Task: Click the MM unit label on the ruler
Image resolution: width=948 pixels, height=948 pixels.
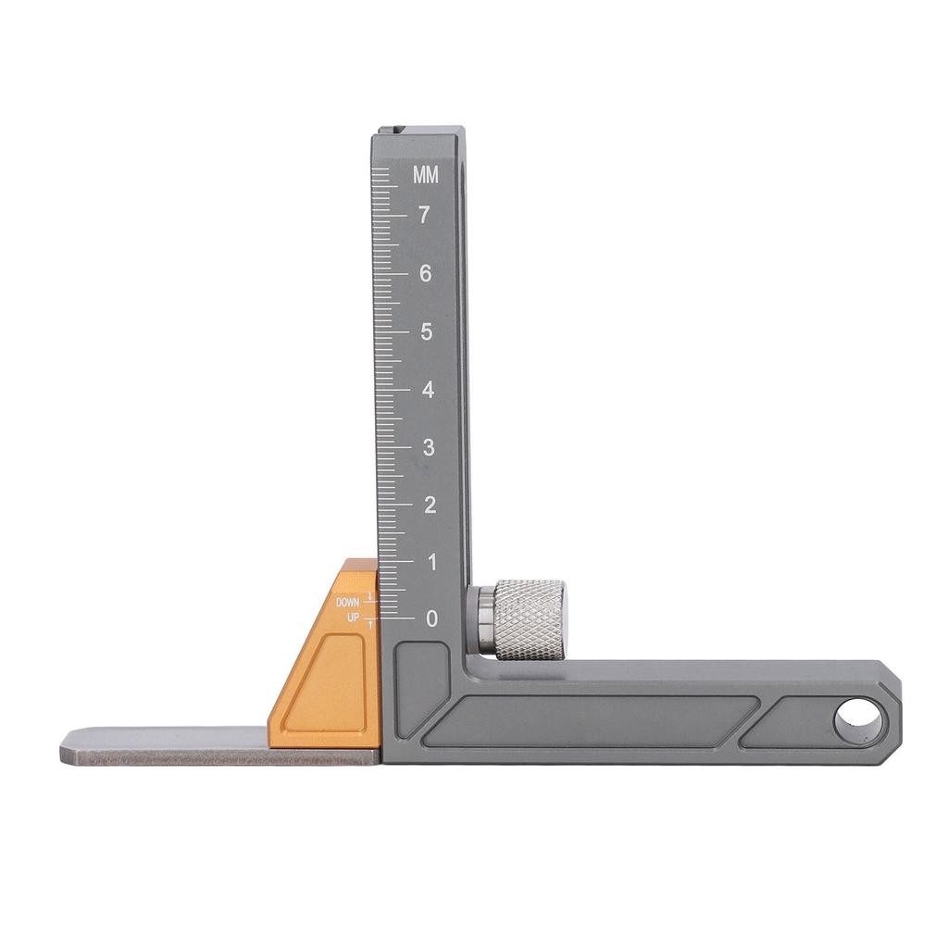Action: click(x=426, y=175)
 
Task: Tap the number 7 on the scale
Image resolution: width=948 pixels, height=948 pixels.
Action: click(x=424, y=215)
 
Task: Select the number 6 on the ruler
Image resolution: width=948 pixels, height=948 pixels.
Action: click(x=426, y=273)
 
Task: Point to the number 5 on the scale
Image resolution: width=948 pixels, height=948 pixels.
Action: click(x=427, y=331)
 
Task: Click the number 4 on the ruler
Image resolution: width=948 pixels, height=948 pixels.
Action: click(x=428, y=390)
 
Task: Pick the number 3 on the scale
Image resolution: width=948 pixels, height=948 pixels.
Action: click(x=429, y=448)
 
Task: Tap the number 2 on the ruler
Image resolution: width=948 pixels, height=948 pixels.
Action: click(x=430, y=505)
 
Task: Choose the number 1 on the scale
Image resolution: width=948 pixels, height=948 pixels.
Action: click(x=431, y=563)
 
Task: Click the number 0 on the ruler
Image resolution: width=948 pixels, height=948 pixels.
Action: click(x=431, y=618)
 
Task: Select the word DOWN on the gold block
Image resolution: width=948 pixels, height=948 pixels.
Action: click(x=348, y=603)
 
